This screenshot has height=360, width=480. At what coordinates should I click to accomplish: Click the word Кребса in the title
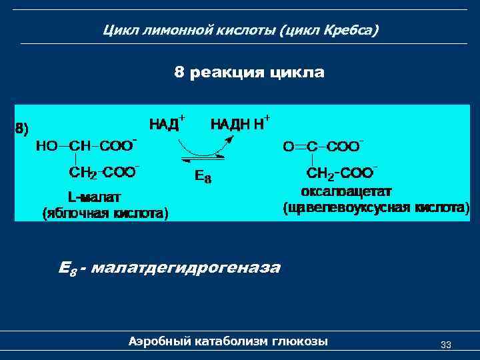coord(351,31)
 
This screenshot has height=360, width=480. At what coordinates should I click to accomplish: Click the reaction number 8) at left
coord(22,129)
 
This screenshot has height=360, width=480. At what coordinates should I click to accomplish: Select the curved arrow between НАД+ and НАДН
coord(208,148)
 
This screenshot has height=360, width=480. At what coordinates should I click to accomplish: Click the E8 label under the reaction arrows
coord(203,177)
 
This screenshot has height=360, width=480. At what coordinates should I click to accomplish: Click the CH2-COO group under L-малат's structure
coord(104,173)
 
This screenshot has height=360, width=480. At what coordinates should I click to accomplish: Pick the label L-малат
coord(99,197)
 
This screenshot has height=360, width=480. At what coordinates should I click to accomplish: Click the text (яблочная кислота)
coord(105,213)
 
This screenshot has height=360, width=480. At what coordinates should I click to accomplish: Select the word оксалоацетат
coord(346,191)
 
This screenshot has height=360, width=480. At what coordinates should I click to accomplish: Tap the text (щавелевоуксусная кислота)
coord(377,208)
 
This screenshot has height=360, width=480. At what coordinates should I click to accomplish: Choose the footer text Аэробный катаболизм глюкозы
coord(228,341)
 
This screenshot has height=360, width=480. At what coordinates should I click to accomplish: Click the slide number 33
coord(446,345)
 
